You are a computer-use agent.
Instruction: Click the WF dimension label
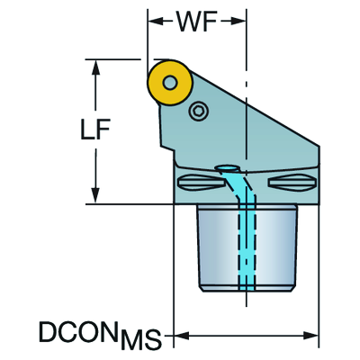[x=197, y=22]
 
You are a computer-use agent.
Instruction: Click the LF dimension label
[x=95, y=130]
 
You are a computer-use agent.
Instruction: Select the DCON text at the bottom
[x=78, y=332]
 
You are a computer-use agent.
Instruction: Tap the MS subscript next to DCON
[x=141, y=338]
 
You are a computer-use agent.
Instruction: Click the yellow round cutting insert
[x=170, y=83]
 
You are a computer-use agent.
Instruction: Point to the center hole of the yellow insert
[x=170, y=83]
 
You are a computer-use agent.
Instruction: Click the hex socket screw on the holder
[x=199, y=112]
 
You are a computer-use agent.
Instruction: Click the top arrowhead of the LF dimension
[x=95, y=67]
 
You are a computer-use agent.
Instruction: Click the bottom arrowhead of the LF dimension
[x=95, y=196]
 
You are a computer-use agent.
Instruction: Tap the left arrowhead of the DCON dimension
[x=182, y=336]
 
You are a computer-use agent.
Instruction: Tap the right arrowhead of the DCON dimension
[x=310, y=336]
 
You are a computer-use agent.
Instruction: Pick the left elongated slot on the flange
[x=201, y=182]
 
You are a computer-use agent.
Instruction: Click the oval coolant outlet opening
[x=228, y=168]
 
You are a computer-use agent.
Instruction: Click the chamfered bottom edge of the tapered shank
[x=247, y=288]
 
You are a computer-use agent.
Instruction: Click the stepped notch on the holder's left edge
[x=168, y=149]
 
